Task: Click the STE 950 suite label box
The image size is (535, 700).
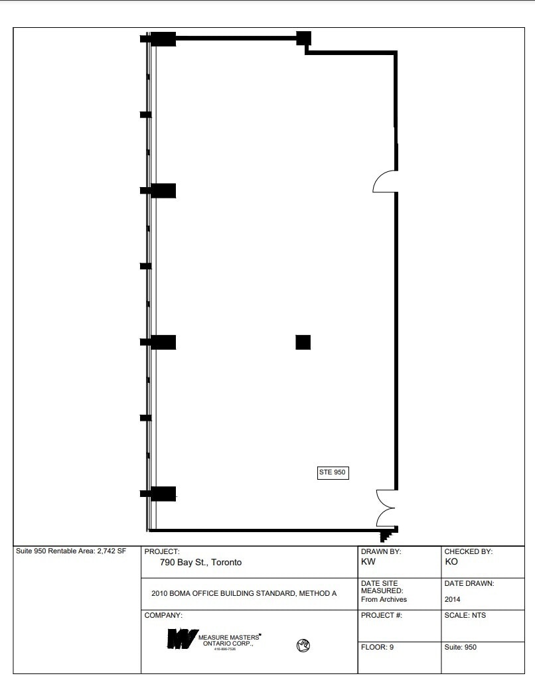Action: [x=333, y=472]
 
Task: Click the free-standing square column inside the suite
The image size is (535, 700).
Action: [x=303, y=342]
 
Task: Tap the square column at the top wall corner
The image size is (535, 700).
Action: [x=303, y=38]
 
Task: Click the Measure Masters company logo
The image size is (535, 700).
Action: [x=179, y=639]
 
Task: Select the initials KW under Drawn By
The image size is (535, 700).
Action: [x=368, y=561]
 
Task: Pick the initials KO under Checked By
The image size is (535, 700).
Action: [x=451, y=561]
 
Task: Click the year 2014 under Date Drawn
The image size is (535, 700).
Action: [x=452, y=599]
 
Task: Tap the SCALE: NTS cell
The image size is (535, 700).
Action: [x=465, y=615]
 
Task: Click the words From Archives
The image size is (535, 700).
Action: [x=384, y=599]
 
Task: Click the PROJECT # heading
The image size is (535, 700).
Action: [x=381, y=615]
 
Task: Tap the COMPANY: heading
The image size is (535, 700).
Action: [x=163, y=615]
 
